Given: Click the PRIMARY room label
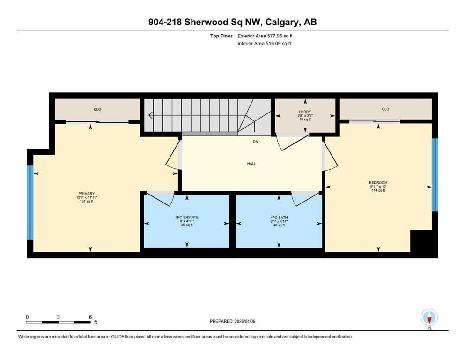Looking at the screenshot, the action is coord(87,194).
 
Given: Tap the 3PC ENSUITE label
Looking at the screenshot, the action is coord(187,217).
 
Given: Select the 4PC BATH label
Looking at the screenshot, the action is coord(279,217).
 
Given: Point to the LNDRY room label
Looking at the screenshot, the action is coord(305,112).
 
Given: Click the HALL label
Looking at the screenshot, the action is coord(251,163).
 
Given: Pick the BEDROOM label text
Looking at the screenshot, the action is coord(378,182).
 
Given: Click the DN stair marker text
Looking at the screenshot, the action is coord(255,142).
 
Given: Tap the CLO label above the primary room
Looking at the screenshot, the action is coord(97,109).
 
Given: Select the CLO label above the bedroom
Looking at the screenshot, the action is coord(385,109).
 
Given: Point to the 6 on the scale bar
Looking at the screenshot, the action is coord(90,317).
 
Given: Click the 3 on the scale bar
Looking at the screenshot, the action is coord(59,317).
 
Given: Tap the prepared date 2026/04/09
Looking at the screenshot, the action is coord(244,321).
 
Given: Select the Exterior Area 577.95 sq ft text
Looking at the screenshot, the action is coord(265,36).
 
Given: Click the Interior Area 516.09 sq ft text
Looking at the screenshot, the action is coord(264,43).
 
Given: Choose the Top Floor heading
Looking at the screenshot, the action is coord(221,36).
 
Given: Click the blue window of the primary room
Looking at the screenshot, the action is coord(30,202).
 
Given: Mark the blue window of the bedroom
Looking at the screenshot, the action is coord(435,175).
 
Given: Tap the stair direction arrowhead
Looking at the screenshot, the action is coord(151,115).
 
